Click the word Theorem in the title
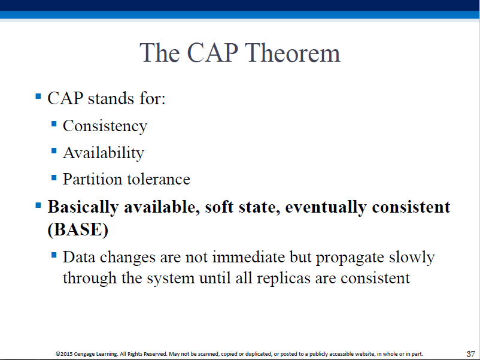point(292,53)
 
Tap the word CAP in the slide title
point(212,53)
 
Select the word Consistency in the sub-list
point(105,126)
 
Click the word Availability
point(104,153)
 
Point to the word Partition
point(92,179)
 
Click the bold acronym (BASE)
point(78,229)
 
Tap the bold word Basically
point(83,207)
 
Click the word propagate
point(350,258)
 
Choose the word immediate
point(248,257)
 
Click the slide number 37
point(470,354)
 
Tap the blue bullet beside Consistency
point(54,124)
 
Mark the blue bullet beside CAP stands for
point(38,96)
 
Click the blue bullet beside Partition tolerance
point(54,177)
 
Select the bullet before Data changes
point(54,255)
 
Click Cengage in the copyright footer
point(84,354)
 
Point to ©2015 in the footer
point(64,354)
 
